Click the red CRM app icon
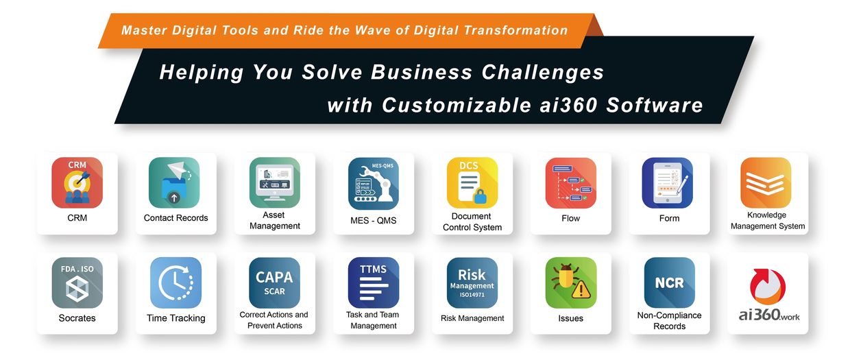[x=77, y=182]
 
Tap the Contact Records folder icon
[x=174, y=182]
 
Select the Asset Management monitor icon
[x=275, y=182]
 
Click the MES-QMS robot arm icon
[x=374, y=183]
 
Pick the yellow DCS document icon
[x=472, y=182]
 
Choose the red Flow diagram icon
[x=571, y=182]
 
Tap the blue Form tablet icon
[x=668, y=182]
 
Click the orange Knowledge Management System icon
[x=766, y=182]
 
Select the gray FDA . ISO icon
[x=77, y=283]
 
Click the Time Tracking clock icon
[x=175, y=283]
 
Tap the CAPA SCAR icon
[x=275, y=283]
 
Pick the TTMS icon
[x=374, y=283]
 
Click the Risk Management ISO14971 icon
[x=472, y=283]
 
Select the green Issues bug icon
[x=571, y=283]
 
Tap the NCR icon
[x=669, y=283]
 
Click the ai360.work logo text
[x=769, y=315]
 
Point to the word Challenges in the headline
[x=543, y=72]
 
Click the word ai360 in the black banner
[x=568, y=105]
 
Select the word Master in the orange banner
[x=144, y=30]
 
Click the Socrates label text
[x=77, y=318]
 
